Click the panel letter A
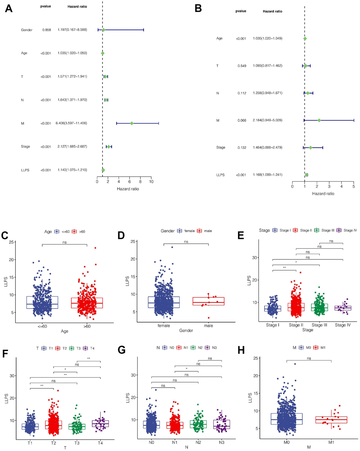click(9, 8)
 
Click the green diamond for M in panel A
click(131, 123)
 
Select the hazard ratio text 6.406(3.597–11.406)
click(71, 123)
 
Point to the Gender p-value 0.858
click(46, 30)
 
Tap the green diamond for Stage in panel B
click(310, 147)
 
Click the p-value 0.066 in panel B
click(242, 120)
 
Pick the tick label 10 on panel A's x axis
click(151, 182)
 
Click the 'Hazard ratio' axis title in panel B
click(323, 194)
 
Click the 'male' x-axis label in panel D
click(208, 325)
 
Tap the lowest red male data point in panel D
click(208, 318)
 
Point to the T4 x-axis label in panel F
click(100, 443)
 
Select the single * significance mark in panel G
click(187, 369)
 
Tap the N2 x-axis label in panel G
click(198, 442)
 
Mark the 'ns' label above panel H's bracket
click(309, 358)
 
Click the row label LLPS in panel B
click(220, 175)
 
